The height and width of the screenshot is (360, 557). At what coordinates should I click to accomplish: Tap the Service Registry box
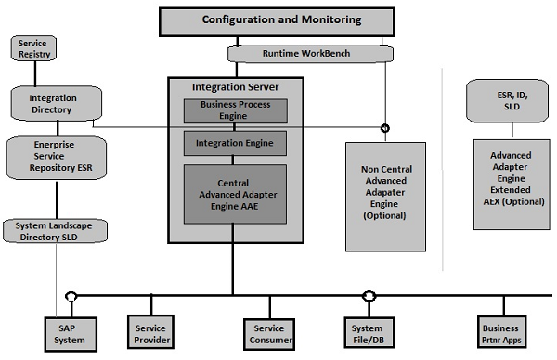pyautogui.click(x=33, y=48)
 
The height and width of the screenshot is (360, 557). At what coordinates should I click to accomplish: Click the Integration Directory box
pyautogui.click(x=52, y=104)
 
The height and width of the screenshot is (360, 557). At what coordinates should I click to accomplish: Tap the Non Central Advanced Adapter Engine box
pyautogui.click(x=384, y=196)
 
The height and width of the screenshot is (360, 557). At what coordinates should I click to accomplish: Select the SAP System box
pyautogui.click(x=69, y=333)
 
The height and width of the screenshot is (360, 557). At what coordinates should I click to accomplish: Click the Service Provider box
pyautogui.click(x=150, y=333)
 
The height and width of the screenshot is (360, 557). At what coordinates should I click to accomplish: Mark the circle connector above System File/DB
pyautogui.click(x=369, y=297)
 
